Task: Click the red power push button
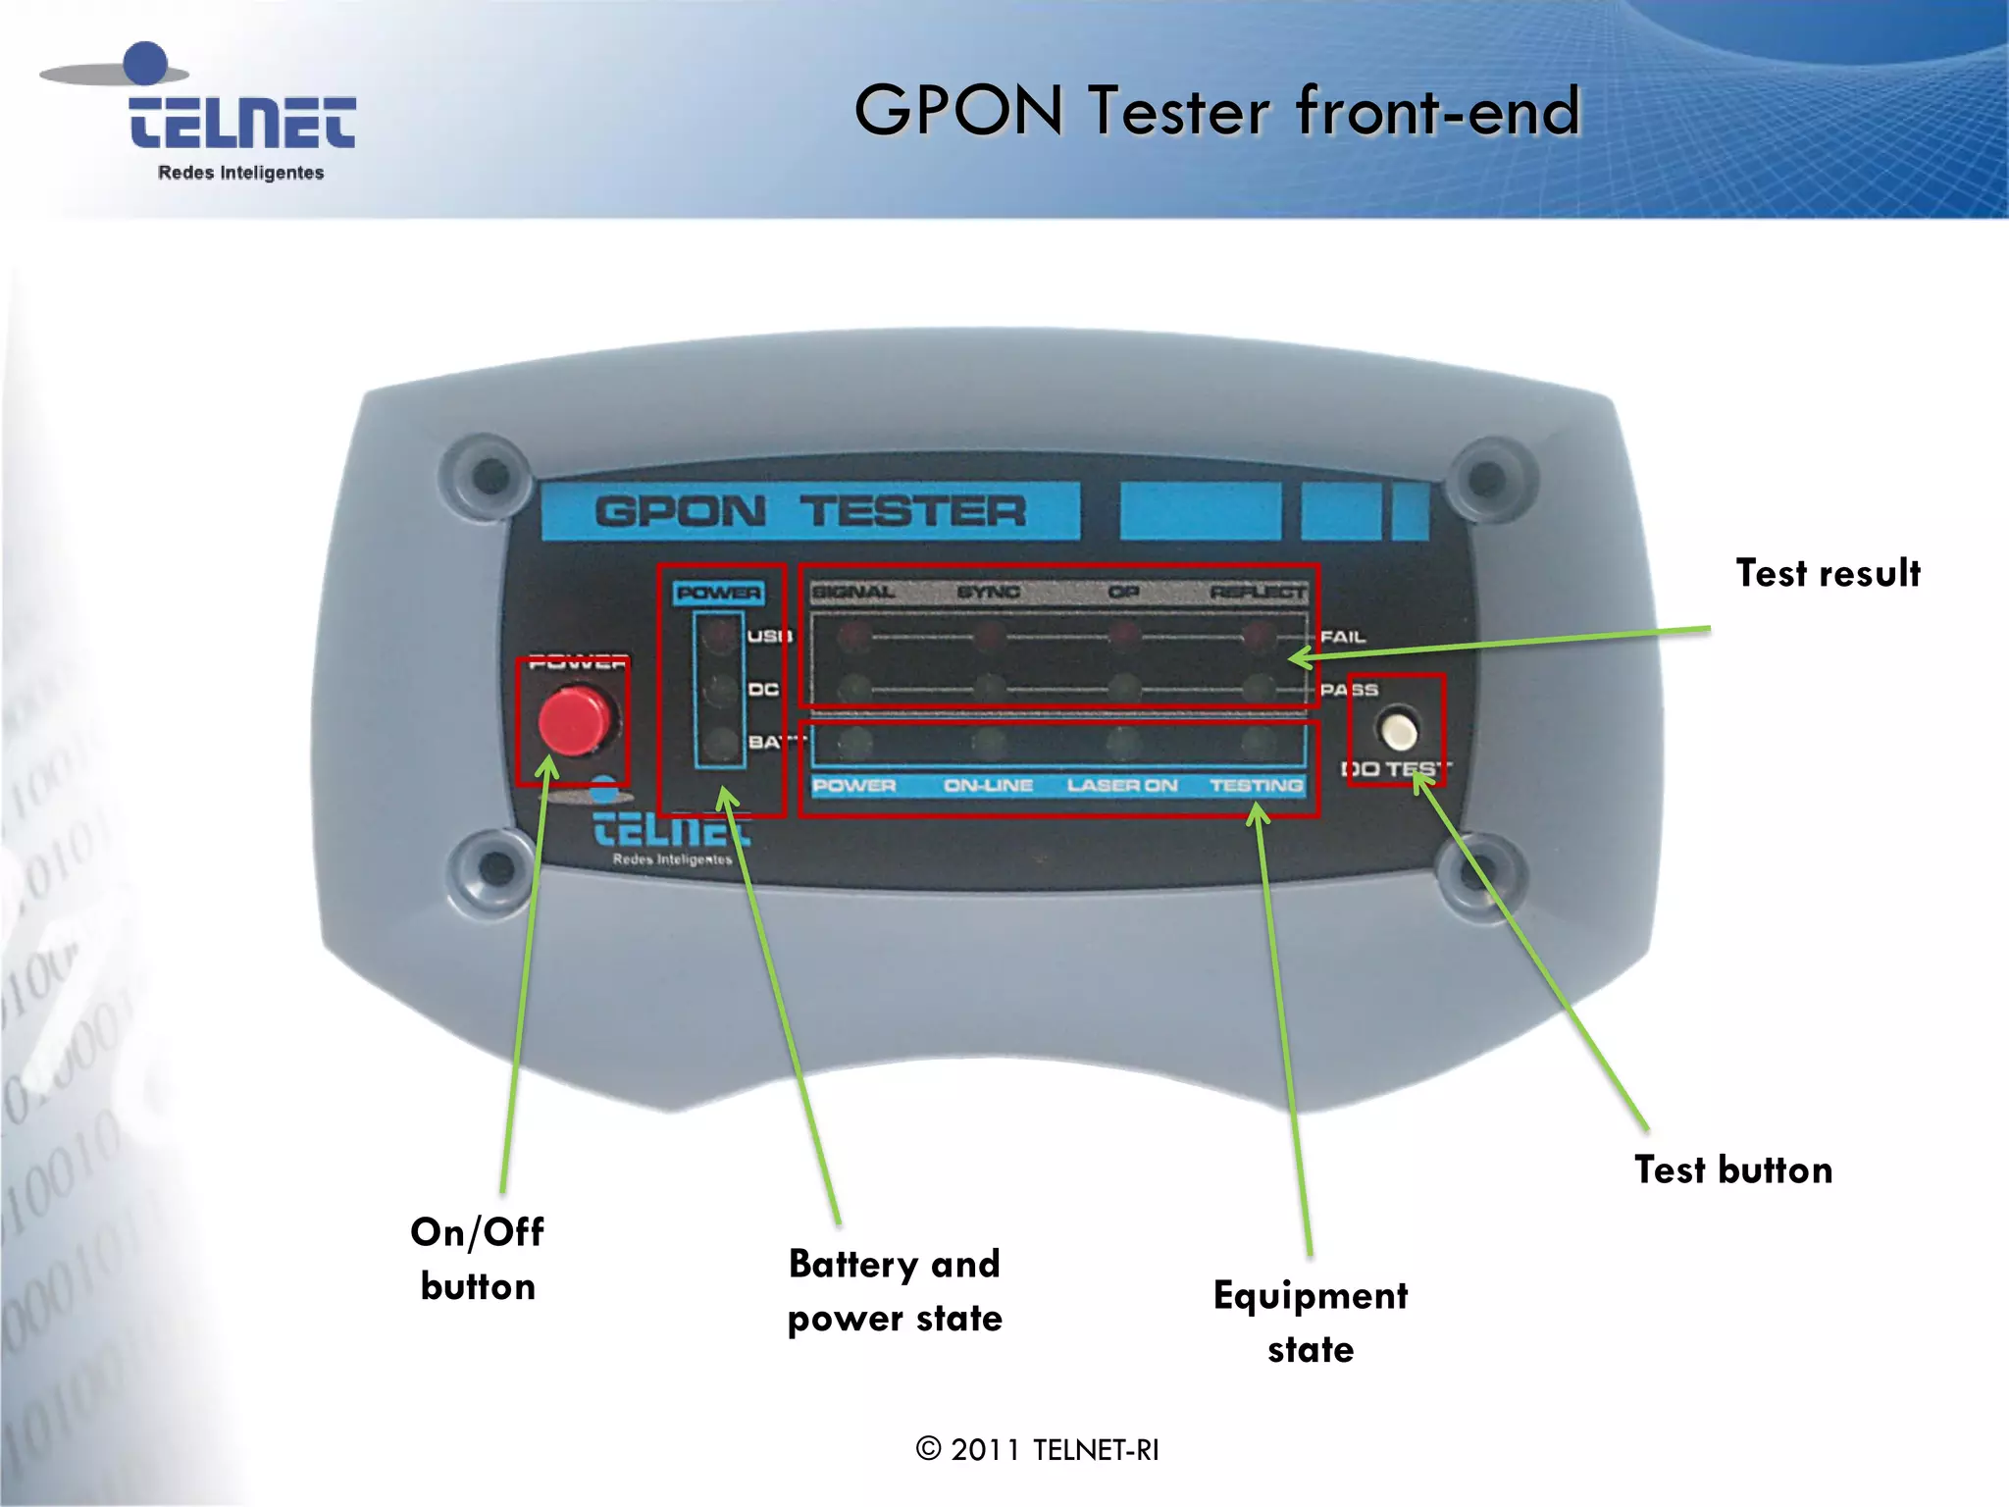574,721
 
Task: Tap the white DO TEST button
1398,731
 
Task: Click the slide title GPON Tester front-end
1216,110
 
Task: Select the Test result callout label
1828,573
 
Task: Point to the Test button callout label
1733,1169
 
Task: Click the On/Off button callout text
478,1259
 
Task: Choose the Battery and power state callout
895,1290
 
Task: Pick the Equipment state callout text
1311,1322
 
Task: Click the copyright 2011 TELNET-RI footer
1037,1449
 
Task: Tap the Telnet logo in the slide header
240,113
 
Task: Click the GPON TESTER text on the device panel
810,511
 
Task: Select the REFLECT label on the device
1258,592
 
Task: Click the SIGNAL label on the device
853,592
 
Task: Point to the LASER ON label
1122,785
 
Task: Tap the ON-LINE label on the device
988,785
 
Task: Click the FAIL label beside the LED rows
1342,637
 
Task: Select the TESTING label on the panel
1256,785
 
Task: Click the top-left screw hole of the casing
490,476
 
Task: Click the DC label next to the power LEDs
763,690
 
